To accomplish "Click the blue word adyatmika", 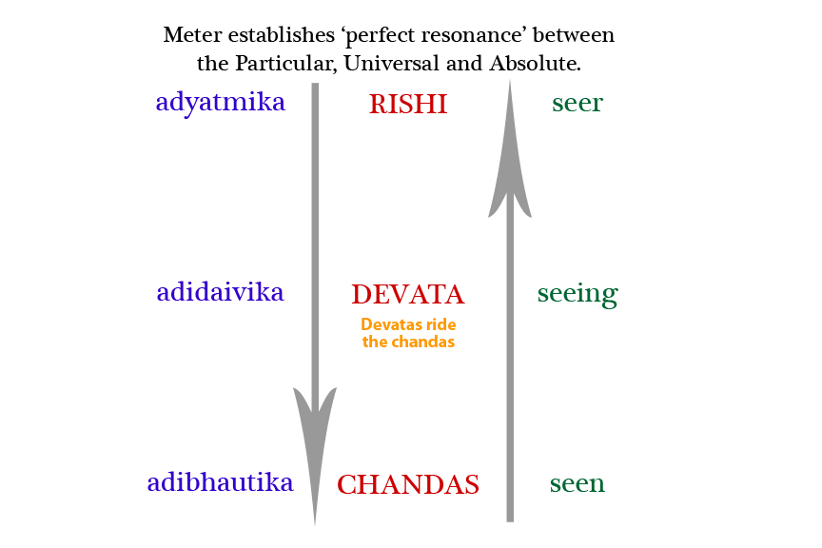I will (221, 103).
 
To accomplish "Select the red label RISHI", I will (408, 105).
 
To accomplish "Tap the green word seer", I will (577, 104).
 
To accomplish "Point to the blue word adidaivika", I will (221, 292).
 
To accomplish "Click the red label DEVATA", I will (408, 294).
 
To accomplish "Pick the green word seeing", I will (577, 294).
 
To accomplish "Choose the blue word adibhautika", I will (220, 482).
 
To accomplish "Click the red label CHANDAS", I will (408, 485).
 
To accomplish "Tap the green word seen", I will (577, 484).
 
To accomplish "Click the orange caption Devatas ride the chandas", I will (408, 333).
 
